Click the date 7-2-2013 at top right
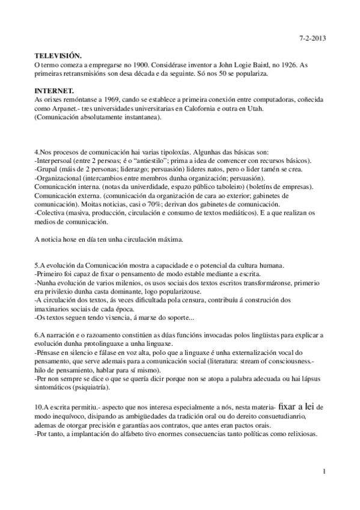click(x=311, y=38)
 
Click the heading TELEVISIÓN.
click(x=61, y=55)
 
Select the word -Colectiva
click(x=52, y=214)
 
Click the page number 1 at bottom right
click(x=323, y=472)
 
